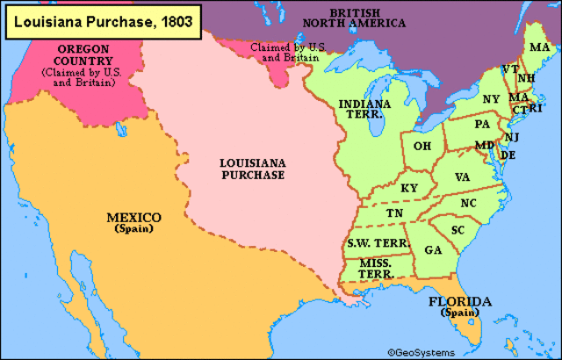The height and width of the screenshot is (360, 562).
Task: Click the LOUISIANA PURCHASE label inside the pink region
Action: point(252,169)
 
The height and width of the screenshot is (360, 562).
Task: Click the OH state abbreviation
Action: point(422,146)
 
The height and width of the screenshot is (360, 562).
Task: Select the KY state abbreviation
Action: point(409,188)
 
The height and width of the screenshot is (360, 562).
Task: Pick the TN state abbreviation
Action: point(394,213)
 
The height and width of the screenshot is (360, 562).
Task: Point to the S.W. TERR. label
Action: point(373,241)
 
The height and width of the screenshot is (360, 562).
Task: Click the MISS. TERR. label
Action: point(375,268)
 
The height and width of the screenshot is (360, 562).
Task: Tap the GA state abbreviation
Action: point(432,250)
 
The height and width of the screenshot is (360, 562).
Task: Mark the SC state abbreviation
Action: point(458,230)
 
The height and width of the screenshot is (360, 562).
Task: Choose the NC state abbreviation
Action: point(468,203)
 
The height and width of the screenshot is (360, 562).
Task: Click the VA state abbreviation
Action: point(463,176)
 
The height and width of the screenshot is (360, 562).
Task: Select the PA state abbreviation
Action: point(482,125)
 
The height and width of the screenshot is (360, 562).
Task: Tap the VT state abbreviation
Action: point(509,68)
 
